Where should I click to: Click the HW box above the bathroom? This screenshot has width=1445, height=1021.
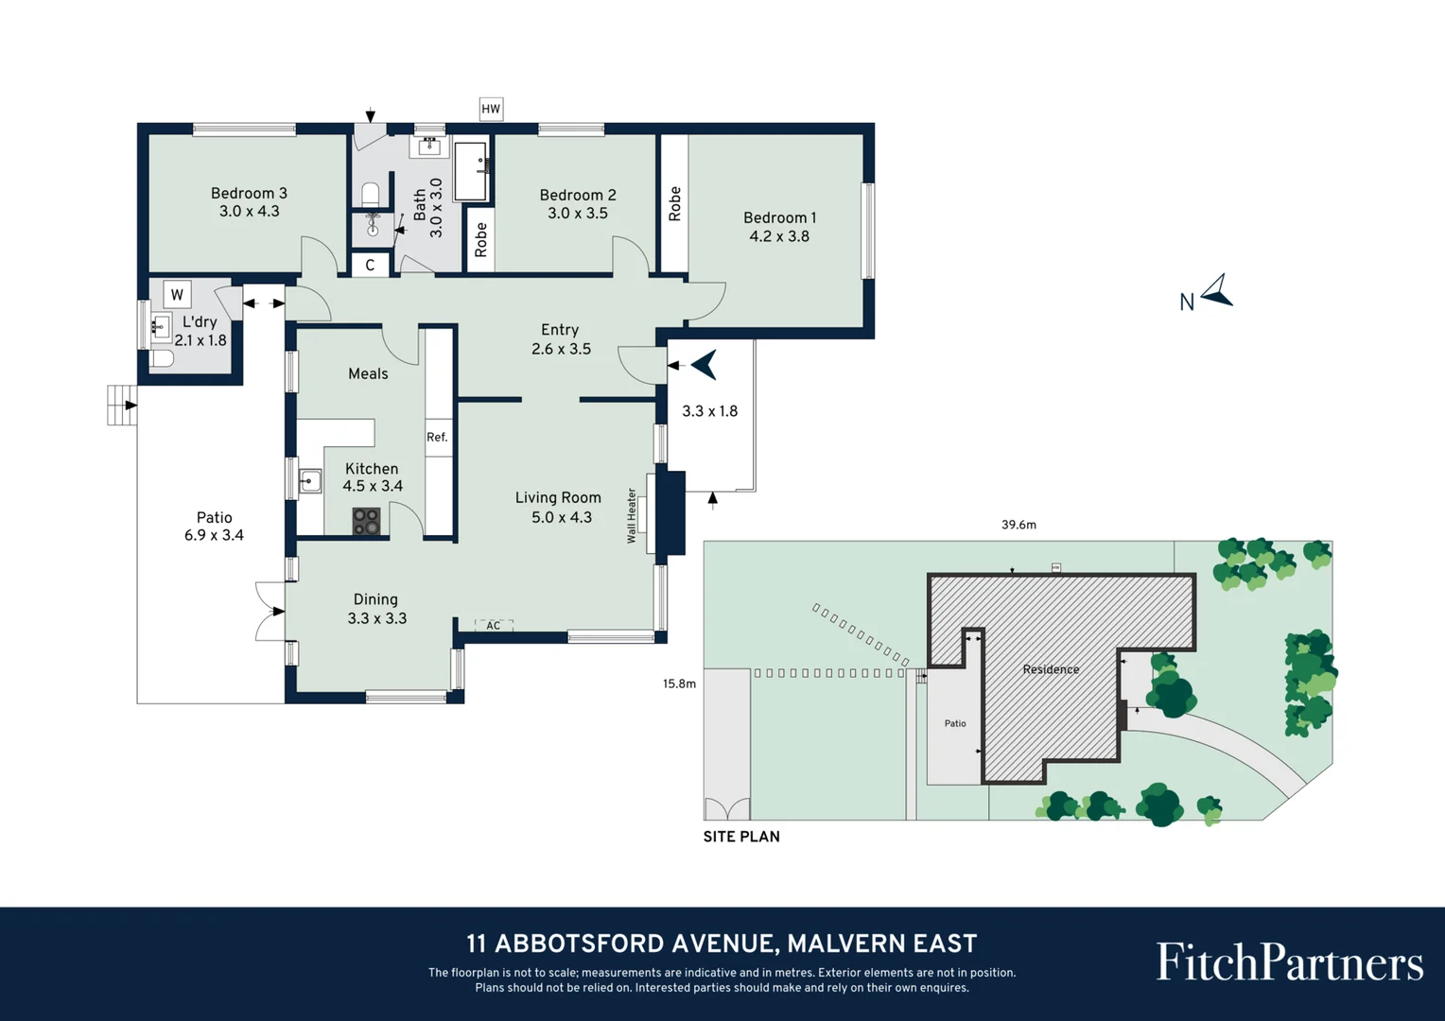[491, 109]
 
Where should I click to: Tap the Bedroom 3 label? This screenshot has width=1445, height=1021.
[249, 193]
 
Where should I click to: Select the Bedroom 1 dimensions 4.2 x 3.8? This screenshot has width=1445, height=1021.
[779, 236]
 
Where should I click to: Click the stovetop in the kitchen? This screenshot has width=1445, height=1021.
[366, 522]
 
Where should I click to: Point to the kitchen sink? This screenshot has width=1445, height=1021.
[310, 481]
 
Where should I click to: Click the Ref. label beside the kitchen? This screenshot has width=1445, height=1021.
[437, 437]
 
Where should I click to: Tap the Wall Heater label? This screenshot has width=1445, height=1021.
[632, 515]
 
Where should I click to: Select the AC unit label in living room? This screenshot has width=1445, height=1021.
[493, 626]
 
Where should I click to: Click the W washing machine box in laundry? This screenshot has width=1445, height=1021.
[177, 294]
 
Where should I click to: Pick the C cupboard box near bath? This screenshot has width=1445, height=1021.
[370, 265]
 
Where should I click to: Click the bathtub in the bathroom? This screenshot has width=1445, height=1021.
[471, 171]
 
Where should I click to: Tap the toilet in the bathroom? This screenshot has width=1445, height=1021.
[371, 195]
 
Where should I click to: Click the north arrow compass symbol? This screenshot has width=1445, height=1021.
[1217, 291]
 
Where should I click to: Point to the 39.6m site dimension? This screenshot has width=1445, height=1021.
[1018, 525]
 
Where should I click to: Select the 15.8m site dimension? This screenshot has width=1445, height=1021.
[679, 684]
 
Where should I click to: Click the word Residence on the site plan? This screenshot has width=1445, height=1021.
[1051, 669]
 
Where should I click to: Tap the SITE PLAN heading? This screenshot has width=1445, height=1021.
[741, 837]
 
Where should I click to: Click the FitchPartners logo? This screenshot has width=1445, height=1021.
[1289, 962]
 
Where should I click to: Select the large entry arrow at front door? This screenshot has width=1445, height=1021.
[705, 364]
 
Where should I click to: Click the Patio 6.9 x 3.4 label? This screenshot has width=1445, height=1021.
[214, 527]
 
